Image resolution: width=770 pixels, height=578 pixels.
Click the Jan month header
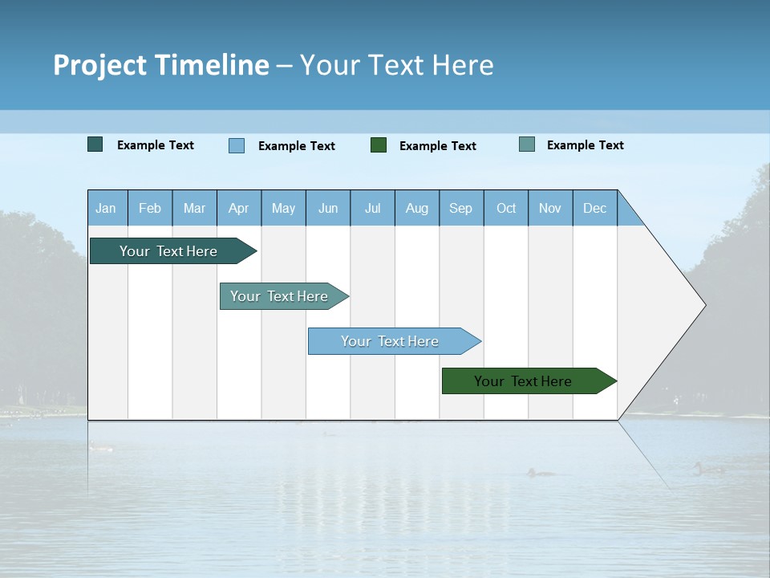pos(107,208)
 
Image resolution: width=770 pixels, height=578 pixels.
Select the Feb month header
pos(150,208)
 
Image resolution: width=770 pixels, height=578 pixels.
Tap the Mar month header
pos(194,208)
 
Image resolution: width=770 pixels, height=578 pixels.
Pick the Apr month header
pos(239,208)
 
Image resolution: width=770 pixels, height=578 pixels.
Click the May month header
pos(283,208)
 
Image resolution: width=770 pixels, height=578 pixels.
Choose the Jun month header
pos(328,208)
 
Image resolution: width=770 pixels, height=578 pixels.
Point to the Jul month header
pos(372,208)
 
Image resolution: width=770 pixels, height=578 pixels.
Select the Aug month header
pos(417,208)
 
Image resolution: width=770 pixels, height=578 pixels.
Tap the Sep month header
pos(461,208)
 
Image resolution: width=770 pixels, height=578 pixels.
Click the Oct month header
pos(506,208)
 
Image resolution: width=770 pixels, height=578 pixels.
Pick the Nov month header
pos(550,208)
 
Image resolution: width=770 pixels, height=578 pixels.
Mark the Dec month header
pos(595,208)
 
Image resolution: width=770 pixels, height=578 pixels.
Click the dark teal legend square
pos(95,144)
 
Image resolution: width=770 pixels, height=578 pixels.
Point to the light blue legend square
pos(237,145)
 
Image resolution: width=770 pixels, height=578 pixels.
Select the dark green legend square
pos(379,144)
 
